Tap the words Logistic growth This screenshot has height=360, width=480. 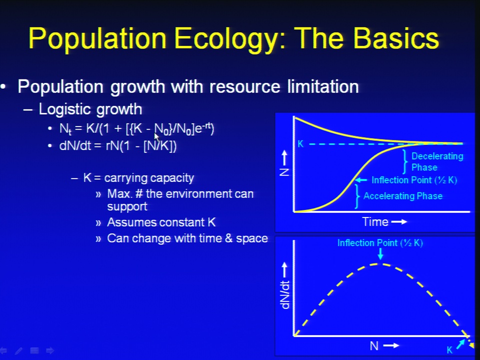pyautogui.click(x=90, y=109)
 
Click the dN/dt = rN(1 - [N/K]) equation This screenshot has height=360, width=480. pyautogui.click(x=118, y=146)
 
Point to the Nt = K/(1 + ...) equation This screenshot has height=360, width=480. pyautogui.click(x=137, y=129)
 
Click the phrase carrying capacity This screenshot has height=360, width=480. pyautogui.click(x=149, y=178)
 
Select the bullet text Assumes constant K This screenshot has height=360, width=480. pyautogui.click(x=161, y=222)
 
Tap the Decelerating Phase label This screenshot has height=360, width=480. pyautogui.click(x=437, y=161)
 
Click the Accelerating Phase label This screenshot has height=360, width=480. pyautogui.click(x=403, y=196)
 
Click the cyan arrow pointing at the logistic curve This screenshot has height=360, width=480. pyautogui.click(x=361, y=180)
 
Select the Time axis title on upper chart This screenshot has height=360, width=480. pyautogui.click(x=375, y=221)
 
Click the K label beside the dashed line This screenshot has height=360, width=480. pyautogui.click(x=300, y=144)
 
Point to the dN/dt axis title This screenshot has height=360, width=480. pyautogui.click(x=285, y=294)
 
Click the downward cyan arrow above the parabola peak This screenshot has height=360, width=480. pyautogui.click(x=380, y=254)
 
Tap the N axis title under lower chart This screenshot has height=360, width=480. pyautogui.click(x=374, y=346)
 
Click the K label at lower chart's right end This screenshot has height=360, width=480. pyautogui.click(x=449, y=350)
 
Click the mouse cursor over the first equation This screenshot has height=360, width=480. pyautogui.click(x=156, y=136)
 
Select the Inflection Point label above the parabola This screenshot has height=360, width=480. pyautogui.click(x=380, y=243)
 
